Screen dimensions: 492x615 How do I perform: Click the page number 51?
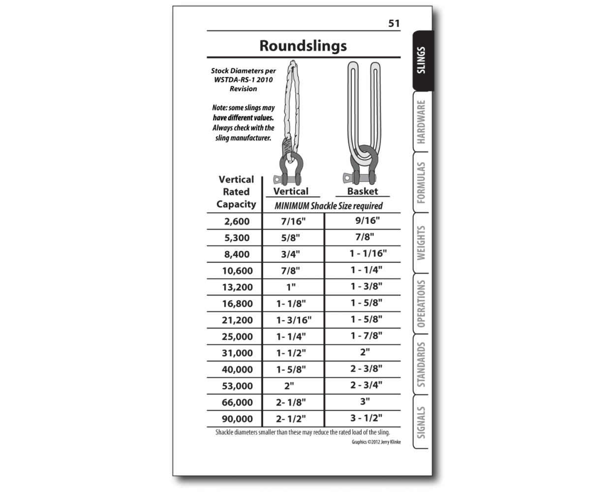(394, 23)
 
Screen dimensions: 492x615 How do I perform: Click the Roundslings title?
(303, 46)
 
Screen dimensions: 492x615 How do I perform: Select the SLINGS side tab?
(421, 61)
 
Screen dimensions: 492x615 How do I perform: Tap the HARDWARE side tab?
(421, 122)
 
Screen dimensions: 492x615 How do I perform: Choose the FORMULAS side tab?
(421, 183)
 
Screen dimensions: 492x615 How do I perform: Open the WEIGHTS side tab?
(421, 243)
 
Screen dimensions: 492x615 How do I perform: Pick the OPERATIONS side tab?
(421, 304)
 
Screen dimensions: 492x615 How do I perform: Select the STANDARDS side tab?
(421, 365)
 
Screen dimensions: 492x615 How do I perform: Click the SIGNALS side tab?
(421, 422)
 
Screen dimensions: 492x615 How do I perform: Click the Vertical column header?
(291, 191)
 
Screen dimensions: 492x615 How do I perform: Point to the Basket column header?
(363, 191)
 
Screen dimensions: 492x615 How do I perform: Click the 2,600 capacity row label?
(237, 221)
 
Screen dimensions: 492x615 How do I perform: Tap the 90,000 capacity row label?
(237, 419)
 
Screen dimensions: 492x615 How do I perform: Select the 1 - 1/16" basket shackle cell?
(368, 253)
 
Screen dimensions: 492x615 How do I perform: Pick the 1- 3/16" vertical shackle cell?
(294, 320)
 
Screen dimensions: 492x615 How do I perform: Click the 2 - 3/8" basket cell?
(366, 369)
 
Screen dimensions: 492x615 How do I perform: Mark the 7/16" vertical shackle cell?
(293, 221)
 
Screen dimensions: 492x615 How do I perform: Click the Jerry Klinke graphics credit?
(376, 442)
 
